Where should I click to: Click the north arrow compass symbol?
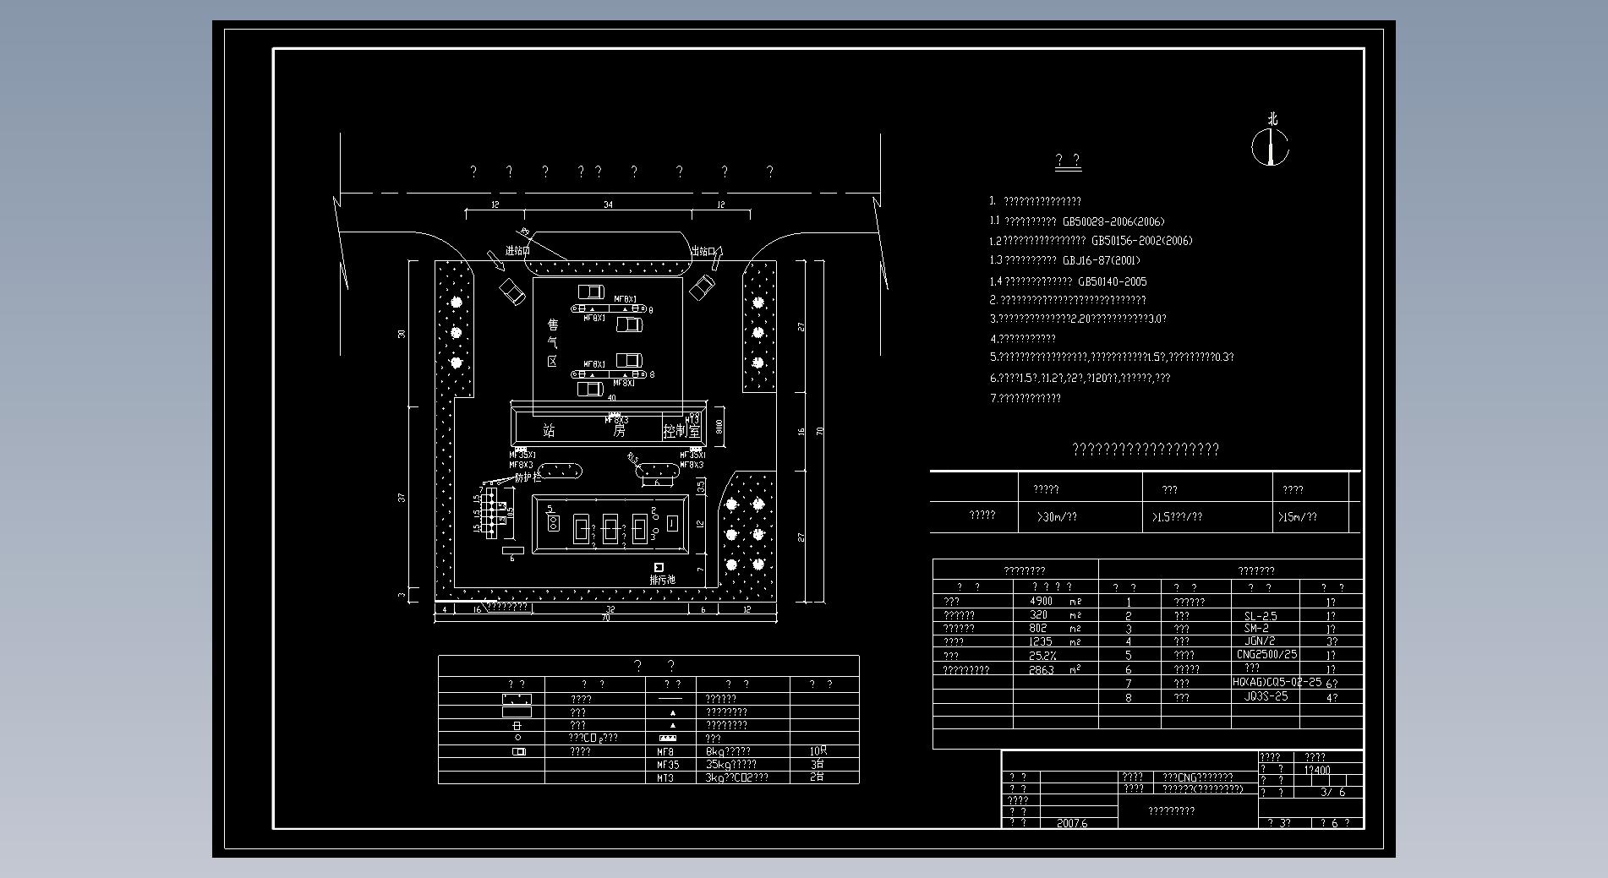(1271, 145)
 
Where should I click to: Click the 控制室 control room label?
(681, 431)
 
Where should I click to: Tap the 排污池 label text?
(662, 580)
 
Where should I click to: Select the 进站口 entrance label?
(517, 251)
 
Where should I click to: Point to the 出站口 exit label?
(703, 251)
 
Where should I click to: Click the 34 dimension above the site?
(608, 205)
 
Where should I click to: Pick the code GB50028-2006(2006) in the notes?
(1113, 221)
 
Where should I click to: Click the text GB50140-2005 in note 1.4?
(1113, 281)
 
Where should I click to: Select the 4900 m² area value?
(1042, 601)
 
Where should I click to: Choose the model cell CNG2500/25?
(1266, 654)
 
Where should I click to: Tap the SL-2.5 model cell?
(1261, 616)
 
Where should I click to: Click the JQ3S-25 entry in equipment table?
(1266, 696)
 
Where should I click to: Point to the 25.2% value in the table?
(1042, 655)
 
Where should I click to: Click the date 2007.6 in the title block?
(1072, 823)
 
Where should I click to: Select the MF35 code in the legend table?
(668, 764)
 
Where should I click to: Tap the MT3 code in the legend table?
(665, 777)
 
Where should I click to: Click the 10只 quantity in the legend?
(818, 750)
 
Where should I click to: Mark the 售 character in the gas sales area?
(553, 324)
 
